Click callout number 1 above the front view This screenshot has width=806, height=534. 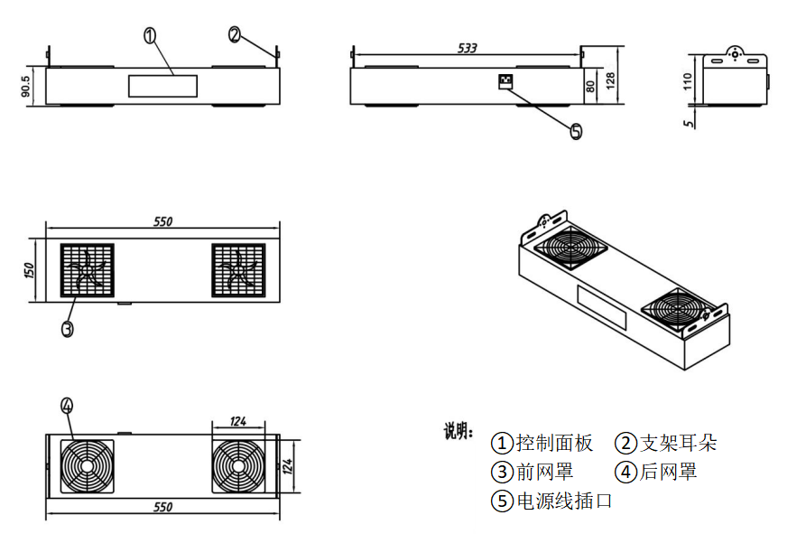[x=150, y=35]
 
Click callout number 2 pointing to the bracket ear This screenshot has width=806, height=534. [x=235, y=35]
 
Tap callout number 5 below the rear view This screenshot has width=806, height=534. [x=576, y=131]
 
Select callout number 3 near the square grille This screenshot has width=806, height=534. [x=67, y=329]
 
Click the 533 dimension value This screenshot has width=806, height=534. [x=467, y=48]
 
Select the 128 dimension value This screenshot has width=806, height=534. [x=610, y=82]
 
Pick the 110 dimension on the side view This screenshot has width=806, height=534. [x=688, y=82]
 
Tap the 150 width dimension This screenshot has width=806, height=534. [x=28, y=269]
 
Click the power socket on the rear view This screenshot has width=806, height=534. [x=504, y=82]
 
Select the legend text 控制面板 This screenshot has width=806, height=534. [x=554, y=443]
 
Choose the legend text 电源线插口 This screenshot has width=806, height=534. [x=563, y=501]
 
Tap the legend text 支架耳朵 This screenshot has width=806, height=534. [x=677, y=443]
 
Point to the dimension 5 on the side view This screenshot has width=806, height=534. [x=690, y=123]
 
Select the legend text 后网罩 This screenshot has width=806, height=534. [x=668, y=472]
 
